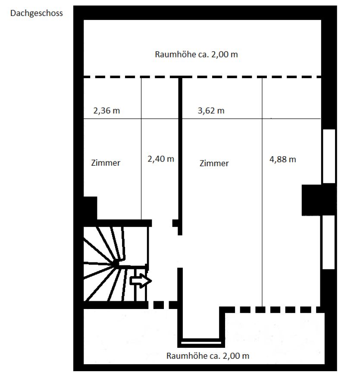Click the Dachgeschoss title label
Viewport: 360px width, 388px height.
click(x=37, y=13)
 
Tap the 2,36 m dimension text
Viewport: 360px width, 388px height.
click(x=106, y=110)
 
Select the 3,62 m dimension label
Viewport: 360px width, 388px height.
click(x=211, y=110)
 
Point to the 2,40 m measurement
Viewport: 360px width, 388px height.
click(x=161, y=159)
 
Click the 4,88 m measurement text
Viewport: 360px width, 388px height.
click(x=282, y=159)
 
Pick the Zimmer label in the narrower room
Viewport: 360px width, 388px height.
click(x=106, y=163)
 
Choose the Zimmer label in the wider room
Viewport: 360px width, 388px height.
click(x=214, y=163)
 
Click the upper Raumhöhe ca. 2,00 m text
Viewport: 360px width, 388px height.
click(x=196, y=54)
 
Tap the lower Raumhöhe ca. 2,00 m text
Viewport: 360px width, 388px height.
click(x=208, y=356)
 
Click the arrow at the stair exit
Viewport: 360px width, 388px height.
click(x=141, y=281)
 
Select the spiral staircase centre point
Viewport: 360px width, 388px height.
click(x=116, y=263)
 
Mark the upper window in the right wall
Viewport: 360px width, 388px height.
click(x=329, y=156)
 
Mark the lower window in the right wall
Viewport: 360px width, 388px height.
click(x=329, y=242)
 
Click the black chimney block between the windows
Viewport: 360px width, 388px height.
click(x=319, y=200)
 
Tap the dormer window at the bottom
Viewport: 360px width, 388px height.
click(x=201, y=343)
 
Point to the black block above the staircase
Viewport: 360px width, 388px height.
click(x=90, y=208)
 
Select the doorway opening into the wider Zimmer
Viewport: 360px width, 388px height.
click(x=180, y=252)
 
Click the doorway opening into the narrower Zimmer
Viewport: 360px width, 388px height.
click(x=162, y=223)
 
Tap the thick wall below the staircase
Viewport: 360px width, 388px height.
click(x=116, y=305)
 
